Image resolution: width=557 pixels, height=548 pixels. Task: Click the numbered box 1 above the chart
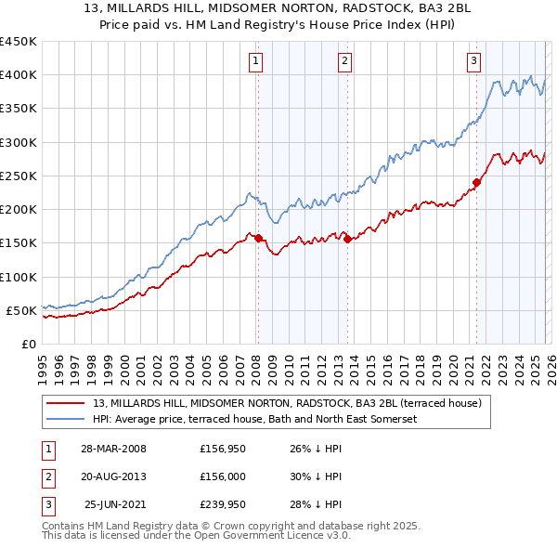tap(255, 61)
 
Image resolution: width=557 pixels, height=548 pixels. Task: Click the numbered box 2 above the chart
tap(344, 61)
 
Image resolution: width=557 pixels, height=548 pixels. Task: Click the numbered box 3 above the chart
tap(473, 61)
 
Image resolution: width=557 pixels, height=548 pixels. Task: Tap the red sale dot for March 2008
tap(258, 239)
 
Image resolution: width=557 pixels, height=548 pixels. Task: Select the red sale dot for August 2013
tap(347, 239)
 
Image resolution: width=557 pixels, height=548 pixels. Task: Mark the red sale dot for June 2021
tap(476, 183)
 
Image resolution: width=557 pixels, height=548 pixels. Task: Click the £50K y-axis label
tap(21, 310)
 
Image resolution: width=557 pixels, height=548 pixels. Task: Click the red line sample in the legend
tap(66, 404)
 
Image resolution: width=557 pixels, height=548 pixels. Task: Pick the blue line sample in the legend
tap(66, 420)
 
